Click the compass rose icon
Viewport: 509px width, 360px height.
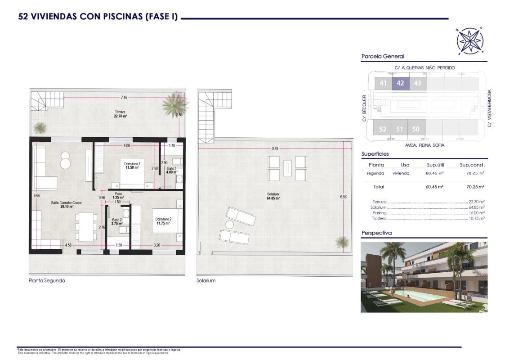tap(470, 40)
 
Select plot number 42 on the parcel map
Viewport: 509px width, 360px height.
tap(400, 83)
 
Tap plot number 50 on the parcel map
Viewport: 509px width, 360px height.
tap(416, 129)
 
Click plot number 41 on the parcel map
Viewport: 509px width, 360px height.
tap(383, 83)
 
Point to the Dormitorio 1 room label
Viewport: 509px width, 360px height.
tap(133, 165)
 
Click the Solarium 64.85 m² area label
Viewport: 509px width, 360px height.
tap(273, 196)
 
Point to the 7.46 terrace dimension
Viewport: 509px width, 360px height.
tap(124, 97)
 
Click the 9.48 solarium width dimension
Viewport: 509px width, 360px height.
tap(275, 149)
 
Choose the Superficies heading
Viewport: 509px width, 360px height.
tap(375, 154)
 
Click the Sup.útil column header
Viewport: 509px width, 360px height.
tap(435, 165)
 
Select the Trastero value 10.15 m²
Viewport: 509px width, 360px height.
tap(476, 218)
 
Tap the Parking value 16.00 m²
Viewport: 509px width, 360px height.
tap(476, 213)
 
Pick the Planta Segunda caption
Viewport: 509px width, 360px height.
tap(47, 280)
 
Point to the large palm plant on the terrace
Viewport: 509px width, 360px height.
tap(175, 105)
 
